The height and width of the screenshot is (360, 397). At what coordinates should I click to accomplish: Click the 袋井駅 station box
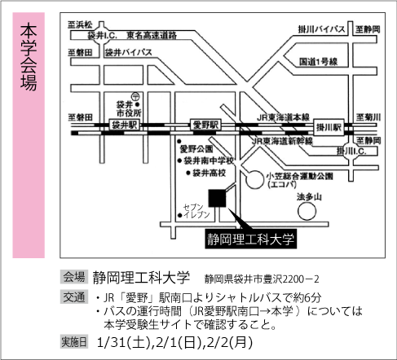[x=125, y=125]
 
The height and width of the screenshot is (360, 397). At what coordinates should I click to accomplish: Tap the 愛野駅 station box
[x=205, y=125]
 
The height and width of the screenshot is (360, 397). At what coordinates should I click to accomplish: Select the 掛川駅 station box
[x=329, y=127]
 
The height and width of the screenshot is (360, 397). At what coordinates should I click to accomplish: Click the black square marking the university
[x=217, y=198]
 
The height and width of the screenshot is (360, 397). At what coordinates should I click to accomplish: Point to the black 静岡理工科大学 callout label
[x=250, y=239]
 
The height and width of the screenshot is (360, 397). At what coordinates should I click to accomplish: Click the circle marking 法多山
[x=307, y=212]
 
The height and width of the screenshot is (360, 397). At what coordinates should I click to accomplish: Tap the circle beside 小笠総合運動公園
[x=254, y=179]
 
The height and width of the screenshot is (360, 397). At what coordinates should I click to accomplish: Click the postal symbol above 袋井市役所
[x=135, y=96]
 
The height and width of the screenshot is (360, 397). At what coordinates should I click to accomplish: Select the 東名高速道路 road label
[x=152, y=35]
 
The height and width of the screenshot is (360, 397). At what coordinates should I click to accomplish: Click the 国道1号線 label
[x=318, y=62]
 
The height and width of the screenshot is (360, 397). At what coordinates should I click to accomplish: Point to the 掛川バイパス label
[x=321, y=29]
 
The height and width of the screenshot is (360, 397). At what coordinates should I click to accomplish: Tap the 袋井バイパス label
[x=129, y=52]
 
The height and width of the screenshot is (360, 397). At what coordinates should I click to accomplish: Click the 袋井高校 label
[x=209, y=173]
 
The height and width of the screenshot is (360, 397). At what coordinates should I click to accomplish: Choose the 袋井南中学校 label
[x=209, y=160]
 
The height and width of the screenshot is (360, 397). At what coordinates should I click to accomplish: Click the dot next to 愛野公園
[x=179, y=142]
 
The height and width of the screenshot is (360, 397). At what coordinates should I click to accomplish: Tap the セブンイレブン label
[x=196, y=211]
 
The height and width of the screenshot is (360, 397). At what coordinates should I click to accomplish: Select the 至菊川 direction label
[x=368, y=117]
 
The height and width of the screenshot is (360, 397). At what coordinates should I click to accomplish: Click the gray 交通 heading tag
[x=74, y=296]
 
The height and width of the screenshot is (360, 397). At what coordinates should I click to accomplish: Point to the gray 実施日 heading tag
[x=74, y=342]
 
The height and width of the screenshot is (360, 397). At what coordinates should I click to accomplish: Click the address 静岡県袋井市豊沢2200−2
[x=262, y=279]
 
